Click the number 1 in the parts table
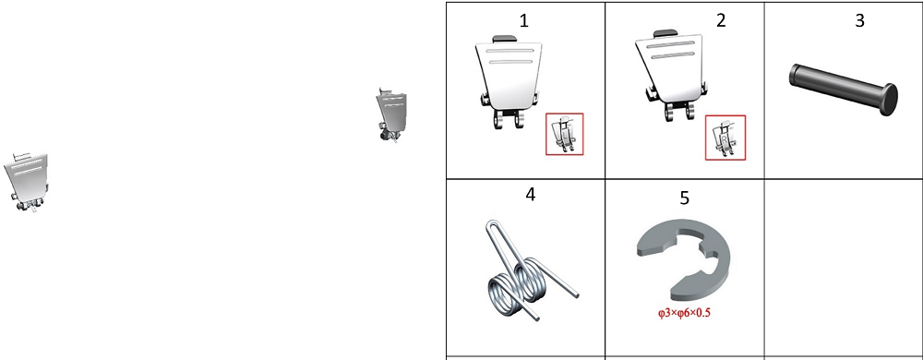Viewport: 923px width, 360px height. [524, 21]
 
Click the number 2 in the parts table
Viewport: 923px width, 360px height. [721, 20]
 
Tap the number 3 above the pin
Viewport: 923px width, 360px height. [859, 20]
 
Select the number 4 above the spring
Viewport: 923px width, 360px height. [531, 195]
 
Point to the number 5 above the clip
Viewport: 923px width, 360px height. [684, 198]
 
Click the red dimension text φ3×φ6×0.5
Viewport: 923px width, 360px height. [684, 313]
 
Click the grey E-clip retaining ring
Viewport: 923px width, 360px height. [684, 258]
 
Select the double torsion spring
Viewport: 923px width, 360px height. [530, 270]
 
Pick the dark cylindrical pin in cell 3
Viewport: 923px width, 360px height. [843, 90]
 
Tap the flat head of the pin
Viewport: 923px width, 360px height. [889, 100]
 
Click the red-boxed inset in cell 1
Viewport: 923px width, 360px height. [565, 134]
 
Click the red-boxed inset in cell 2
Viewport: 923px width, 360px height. [725, 137]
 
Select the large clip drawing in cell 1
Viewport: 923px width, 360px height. [508, 81]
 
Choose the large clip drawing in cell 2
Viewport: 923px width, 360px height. [670, 76]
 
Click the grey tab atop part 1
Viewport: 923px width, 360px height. [505, 38]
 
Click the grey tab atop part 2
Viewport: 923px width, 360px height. [664, 32]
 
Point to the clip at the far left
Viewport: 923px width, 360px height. [27, 181]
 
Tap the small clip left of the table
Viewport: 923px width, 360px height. [391, 114]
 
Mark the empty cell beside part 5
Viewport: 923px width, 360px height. [844, 268]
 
